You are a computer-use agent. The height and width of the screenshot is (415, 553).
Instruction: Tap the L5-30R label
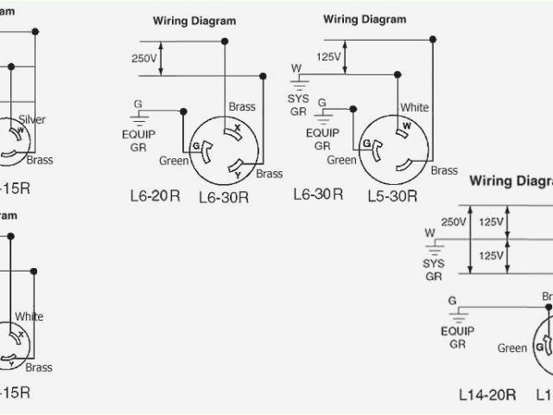click(390, 197)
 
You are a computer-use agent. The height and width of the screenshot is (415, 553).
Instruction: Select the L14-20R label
click(487, 394)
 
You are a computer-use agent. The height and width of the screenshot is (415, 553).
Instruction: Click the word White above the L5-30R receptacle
click(414, 108)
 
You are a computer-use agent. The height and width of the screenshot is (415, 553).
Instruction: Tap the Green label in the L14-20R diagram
click(512, 348)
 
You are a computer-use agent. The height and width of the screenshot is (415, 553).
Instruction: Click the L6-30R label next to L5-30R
click(318, 195)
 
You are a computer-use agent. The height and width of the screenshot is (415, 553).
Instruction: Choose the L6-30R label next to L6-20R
click(224, 197)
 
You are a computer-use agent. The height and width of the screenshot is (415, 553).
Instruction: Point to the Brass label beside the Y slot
click(269, 174)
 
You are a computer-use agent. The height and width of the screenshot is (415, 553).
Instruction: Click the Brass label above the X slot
click(242, 107)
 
